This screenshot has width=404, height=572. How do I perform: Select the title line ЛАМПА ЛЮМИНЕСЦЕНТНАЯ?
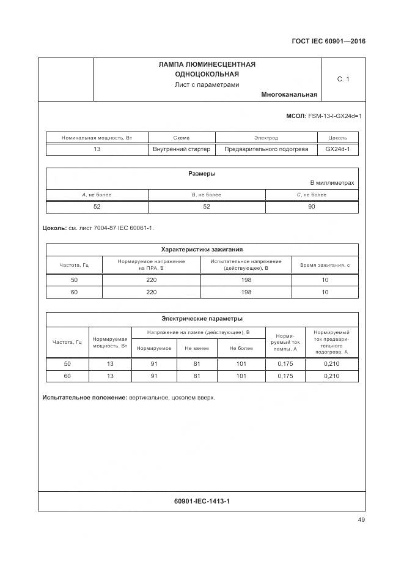click(x=207, y=64)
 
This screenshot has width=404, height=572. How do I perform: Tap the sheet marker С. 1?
click(x=343, y=79)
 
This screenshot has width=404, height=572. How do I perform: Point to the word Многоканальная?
click(x=288, y=95)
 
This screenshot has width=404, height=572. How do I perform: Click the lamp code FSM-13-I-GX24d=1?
click(x=335, y=116)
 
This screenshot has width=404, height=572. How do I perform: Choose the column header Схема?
click(x=182, y=138)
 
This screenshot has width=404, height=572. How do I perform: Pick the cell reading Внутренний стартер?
click(x=182, y=149)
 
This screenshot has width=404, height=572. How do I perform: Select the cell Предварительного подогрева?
click(x=266, y=149)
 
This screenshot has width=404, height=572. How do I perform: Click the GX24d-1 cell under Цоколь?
click(x=337, y=149)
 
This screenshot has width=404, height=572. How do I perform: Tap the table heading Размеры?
click(x=202, y=173)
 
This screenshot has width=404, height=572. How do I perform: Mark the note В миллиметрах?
click(x=332, y=183)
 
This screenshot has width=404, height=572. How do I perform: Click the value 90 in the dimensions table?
click(x=311, y=207)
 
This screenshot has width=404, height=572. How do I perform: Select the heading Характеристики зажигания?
click(x=202, y=249)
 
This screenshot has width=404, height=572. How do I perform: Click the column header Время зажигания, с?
click(x=325, y=265)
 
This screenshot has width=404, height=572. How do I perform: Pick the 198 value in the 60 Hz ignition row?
click(x=246, y=292)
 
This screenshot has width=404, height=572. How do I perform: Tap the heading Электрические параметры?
click(x=202, y=318)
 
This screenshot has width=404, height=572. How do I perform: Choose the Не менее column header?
click(x=196, y=348)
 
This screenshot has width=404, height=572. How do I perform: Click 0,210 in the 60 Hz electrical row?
click(x=331, y=376)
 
